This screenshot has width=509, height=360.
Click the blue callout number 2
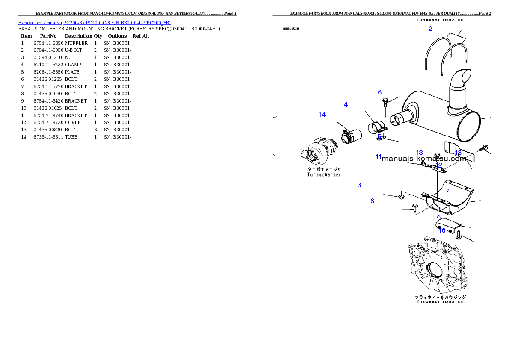[x=430, y=29]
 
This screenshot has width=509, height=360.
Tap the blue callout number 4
[x=346, y=105]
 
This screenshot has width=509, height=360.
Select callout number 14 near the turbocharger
[x=322, y=115]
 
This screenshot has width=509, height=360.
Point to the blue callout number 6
[x=379, y=92]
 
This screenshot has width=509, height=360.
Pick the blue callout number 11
[x=378, y=157]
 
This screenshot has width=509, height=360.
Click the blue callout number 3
[x=359, y=185]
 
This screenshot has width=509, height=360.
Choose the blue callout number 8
[x=372, y=201]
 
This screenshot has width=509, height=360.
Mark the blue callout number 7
[x=447, y=192]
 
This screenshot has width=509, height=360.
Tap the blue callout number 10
[x=442, y=230]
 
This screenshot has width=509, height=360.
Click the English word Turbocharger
[x=324, y=174]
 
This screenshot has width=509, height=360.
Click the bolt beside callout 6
[x=385, y=102]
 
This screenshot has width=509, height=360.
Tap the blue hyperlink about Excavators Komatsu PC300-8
[x=94, y=22]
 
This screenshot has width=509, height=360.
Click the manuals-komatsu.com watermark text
[x=423, y=159]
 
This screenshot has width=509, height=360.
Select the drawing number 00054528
[x=291, y=29]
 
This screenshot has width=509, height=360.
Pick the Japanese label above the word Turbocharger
[x=324, y=169]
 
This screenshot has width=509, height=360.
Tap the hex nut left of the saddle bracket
[x=401, y=197]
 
